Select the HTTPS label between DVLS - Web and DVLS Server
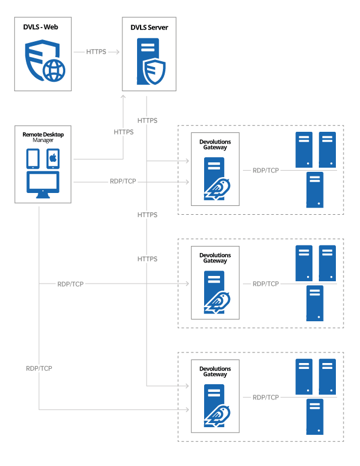[x=96, y=52]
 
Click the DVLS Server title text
[x=149, y=27]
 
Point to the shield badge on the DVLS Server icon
[x=155, y=71]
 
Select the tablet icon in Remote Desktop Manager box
[x=34, y=158]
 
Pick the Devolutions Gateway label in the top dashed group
[x=215, y=145]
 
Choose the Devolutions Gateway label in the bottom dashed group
[x=215, y=372]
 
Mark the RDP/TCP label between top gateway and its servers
[x=266, y=170]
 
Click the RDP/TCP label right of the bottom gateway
[x=266, y=397]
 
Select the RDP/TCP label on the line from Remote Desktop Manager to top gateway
[x=123, y=181]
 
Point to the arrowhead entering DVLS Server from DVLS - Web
[x=119, y=52]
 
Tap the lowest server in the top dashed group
[x=315, y=190]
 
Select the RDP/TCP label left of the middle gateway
[x=71, y=284]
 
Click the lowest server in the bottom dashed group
[x=315, y=417]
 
